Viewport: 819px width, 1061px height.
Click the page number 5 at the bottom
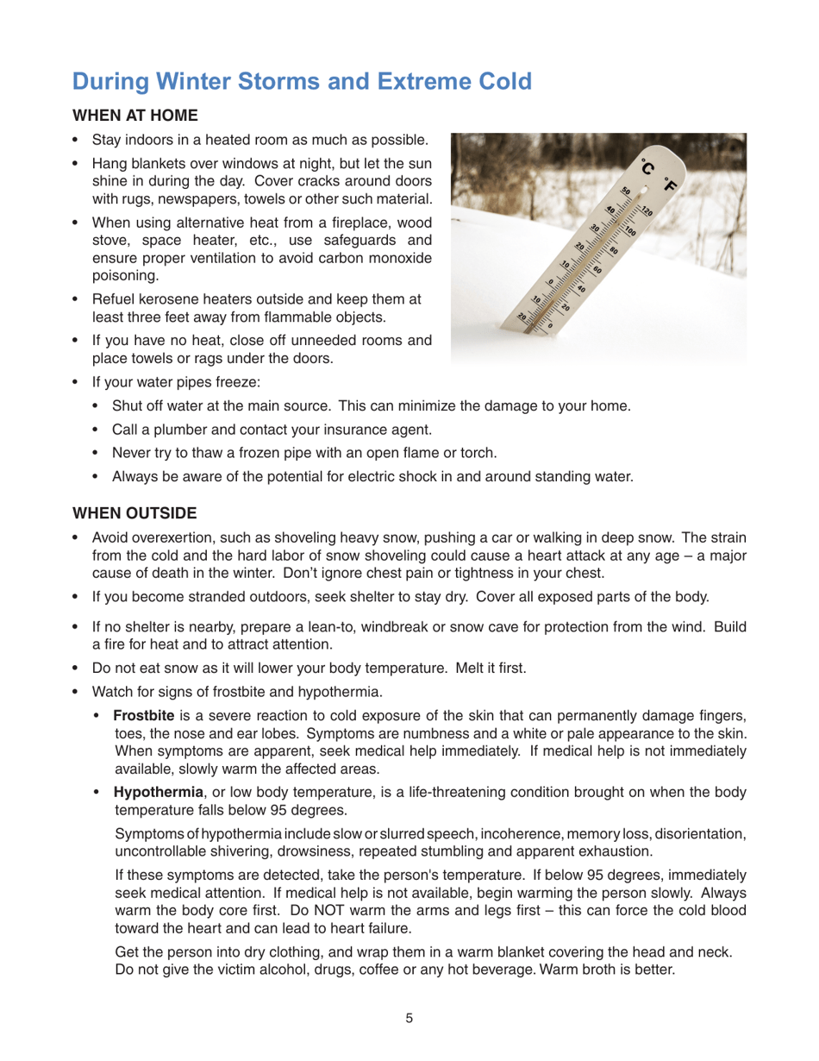click(x=409, y=1018)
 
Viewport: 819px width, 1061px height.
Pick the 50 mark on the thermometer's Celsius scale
click(x=626, y=194)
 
